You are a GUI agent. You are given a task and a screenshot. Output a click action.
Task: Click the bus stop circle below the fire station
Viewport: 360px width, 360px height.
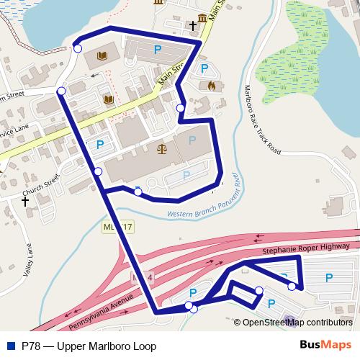181,109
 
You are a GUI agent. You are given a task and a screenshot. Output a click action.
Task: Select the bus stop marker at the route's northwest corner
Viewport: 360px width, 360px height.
76,50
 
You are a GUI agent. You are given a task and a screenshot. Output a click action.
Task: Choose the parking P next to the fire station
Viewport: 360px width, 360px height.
204,69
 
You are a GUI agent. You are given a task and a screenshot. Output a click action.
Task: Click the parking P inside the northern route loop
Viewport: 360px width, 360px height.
157,49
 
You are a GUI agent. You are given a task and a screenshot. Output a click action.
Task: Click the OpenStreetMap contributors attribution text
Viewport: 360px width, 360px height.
297,322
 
